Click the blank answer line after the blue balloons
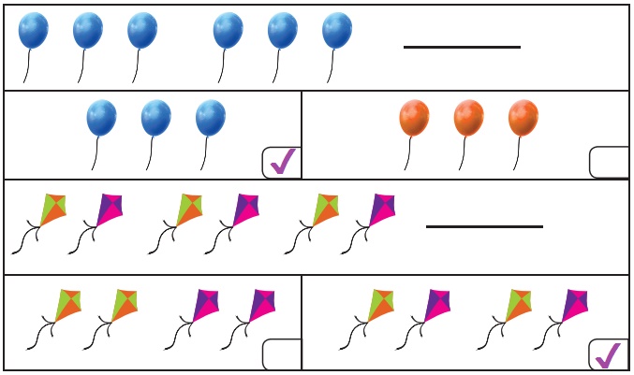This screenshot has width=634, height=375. tap(462, 47)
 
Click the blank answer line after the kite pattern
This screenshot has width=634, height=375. tap(484, 226)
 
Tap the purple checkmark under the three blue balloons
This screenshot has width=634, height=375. tap(282, 163)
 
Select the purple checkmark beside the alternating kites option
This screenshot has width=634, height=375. tap(609, 354)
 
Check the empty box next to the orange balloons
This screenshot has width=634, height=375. tap(609, 163)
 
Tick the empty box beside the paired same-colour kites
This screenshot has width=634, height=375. tap(282, 354)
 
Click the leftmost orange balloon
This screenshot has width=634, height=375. tap(414, 118)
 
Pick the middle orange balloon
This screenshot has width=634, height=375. tap(468, 118)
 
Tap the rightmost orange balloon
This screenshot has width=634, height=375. tap(523, 118)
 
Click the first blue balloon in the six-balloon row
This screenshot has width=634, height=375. tap(34, 30)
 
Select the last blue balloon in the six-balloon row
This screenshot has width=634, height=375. tap(337, 30)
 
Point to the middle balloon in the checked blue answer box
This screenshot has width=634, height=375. tap(156, 118)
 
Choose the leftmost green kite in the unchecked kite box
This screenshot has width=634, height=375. tap(68, 304)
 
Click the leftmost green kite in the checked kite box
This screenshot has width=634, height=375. tap(381, 304)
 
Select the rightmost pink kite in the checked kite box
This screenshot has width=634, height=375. tap(573, 304)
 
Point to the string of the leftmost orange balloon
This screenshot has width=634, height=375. tap(408, 153)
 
